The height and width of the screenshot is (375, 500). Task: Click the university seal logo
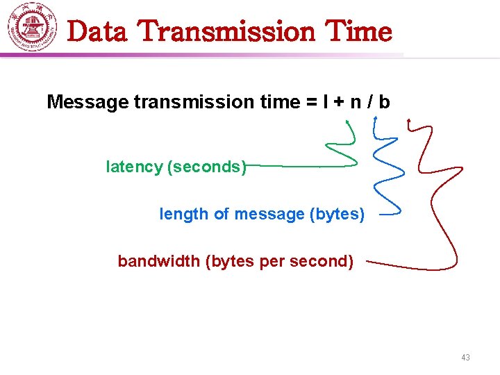[33, 27]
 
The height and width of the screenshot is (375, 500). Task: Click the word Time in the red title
[358, 32]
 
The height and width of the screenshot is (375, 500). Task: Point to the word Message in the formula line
[87, 103]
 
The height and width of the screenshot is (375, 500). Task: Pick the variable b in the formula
[384, 103]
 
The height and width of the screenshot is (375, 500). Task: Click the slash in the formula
[369, 103]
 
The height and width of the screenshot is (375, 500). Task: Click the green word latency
[135, 167]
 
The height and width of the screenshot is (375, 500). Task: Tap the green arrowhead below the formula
[348, 122]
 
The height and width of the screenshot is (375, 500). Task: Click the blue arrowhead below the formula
[376, 119]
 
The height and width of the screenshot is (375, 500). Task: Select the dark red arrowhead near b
[409, 122]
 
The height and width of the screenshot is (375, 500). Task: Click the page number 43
[465, 358]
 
